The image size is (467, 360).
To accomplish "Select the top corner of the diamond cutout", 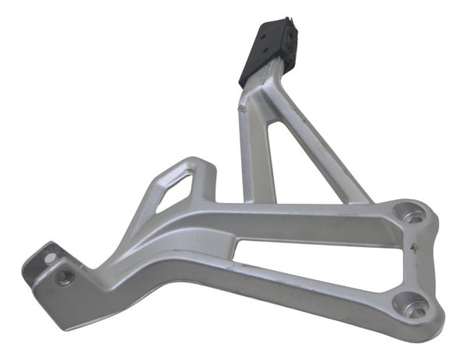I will [188, 172].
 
